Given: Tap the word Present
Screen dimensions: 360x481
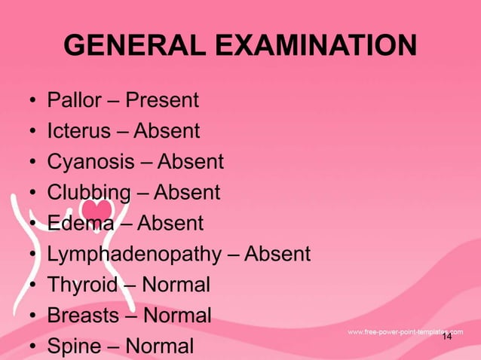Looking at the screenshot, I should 162,100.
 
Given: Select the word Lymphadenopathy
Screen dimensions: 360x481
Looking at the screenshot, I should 133,255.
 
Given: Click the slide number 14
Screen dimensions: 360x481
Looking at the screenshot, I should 447,337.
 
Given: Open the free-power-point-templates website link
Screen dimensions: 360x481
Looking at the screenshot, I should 405,331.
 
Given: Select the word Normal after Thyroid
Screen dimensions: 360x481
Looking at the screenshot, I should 175,285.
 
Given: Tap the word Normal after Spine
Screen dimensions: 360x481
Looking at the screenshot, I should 159,346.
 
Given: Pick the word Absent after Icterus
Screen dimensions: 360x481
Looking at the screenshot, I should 167,131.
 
